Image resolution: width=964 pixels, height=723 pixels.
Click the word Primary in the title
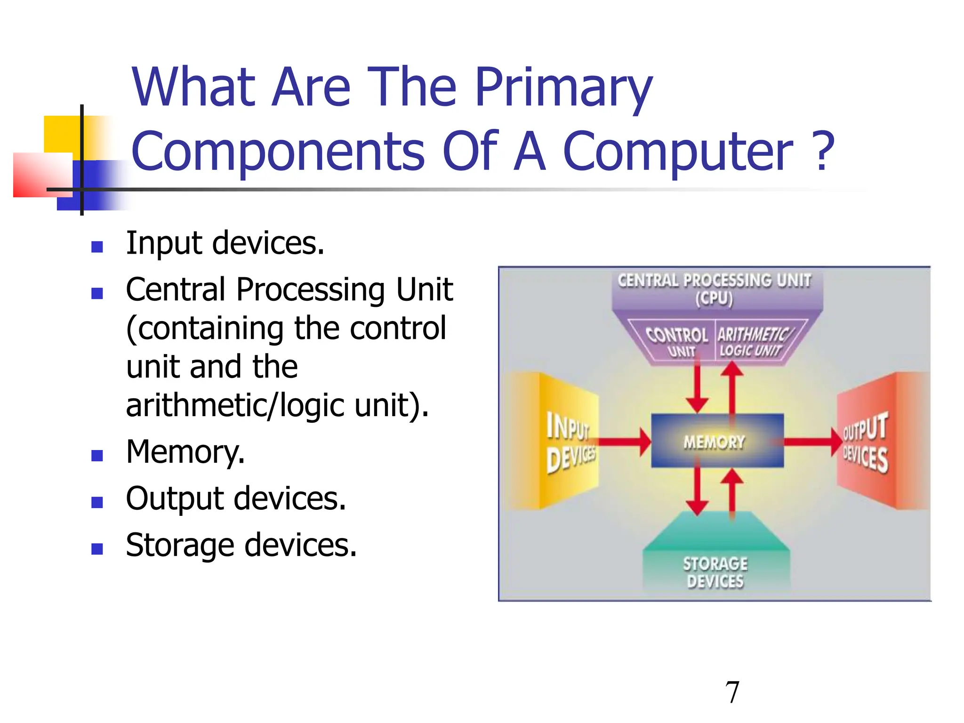click(x=563, y=88)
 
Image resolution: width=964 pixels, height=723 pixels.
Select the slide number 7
click(x=732, y=692)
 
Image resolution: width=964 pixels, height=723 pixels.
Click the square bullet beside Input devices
click(x=97, y=247)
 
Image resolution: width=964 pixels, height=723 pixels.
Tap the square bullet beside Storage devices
click(x=97, y=549)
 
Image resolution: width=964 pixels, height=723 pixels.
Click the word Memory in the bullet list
click(x=185, y=452)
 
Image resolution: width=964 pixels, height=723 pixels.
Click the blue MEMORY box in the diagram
click(x=716, y=441)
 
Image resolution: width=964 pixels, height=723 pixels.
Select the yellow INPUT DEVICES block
click(x=567, y=442)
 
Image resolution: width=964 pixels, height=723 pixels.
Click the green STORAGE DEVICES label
click(x=715, y=572)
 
